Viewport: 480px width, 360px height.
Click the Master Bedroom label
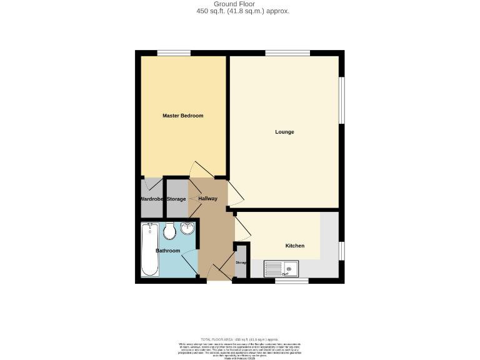(x=182, y=116)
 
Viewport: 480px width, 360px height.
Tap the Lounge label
(x=284, y=132)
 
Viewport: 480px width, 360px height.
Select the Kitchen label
(x=295, y=246)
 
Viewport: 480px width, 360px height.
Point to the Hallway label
(x=207, y=199)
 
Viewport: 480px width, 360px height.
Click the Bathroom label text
(x=167, y=251)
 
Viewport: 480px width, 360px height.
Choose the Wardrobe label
(x=151, y=199)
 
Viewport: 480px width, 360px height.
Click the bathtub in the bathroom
(x=149, y=249)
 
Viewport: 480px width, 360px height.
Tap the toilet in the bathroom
(x=168, y=232)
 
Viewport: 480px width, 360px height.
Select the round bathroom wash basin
(x=187, y=229)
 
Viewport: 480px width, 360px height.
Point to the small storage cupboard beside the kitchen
(x=241, y=262)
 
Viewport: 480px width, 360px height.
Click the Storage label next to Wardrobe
(x=176, y=199)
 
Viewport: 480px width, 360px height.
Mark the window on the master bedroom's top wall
(x=174, y=52)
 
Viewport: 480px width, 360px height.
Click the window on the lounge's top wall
(x=287, y=52)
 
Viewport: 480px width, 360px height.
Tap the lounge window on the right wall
(x=341, y=100)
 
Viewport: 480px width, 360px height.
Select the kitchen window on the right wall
(x=341, y=250)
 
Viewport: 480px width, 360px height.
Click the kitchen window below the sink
(x=292, y=281)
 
